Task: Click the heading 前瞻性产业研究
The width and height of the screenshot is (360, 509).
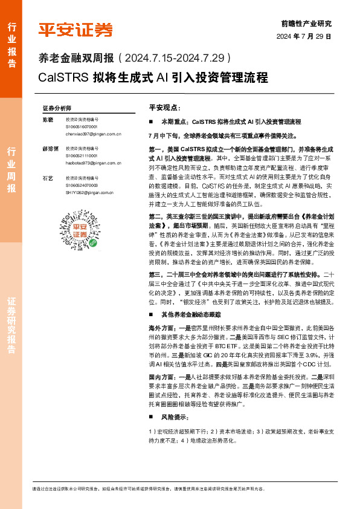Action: pos(306,24)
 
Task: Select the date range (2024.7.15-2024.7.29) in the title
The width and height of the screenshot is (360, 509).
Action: pos(175,59)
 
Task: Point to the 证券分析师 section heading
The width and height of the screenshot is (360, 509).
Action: pos(57,107)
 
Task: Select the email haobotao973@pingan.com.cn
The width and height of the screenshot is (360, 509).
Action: pos(94,163)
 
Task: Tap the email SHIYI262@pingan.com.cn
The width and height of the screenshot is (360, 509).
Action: pos(91,192)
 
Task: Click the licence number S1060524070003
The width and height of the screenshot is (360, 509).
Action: pos(82,185)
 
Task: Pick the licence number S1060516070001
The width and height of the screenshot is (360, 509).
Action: pos(82,126)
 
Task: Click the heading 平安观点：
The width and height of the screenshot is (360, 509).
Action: pos(164,107)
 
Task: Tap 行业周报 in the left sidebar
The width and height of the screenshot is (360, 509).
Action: pos(11,170)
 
